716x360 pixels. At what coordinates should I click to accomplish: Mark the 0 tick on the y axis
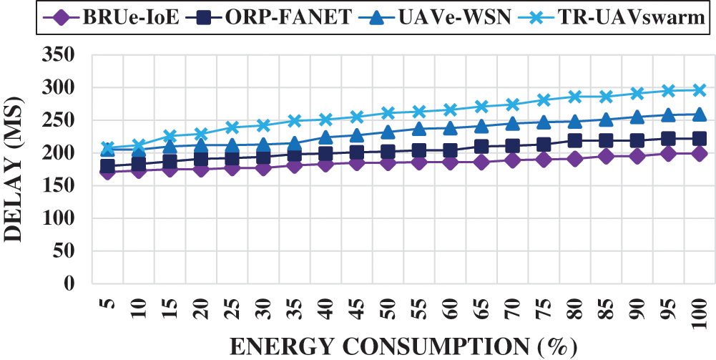click(x=89, y=283)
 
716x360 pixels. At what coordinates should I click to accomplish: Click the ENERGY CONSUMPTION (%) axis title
click(x=403, y=346)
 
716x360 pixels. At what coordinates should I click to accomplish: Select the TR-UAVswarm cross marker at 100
click(x=700, y=90)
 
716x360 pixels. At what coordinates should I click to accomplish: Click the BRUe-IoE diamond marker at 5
click(x=108, y=172)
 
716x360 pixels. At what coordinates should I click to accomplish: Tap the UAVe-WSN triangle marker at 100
click(x=700, y=114)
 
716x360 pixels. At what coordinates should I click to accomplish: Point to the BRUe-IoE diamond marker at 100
click(x=700, y=153)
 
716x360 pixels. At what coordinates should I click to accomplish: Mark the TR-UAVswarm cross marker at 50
click(x=388, y=113)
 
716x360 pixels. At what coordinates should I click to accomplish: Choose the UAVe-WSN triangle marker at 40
click(x=326, y=137)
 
